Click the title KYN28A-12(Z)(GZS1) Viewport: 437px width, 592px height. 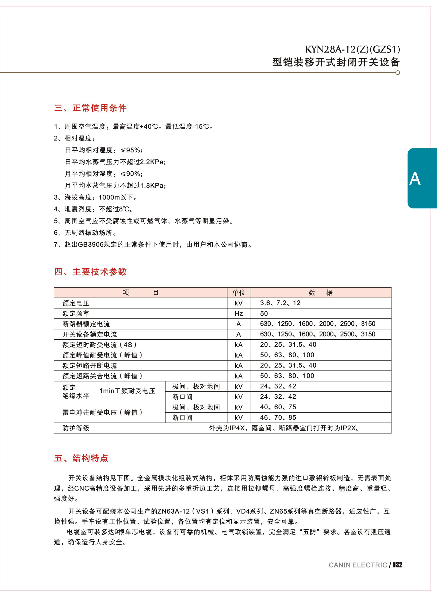click(352, 49)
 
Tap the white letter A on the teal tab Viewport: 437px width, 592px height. click(414, 179)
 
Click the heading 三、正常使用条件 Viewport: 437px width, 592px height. click(91, 108)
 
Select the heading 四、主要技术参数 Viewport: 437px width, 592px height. click(91, 272)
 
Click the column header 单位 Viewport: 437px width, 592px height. click(239, 293)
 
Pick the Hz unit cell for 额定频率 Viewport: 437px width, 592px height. click(239, 313)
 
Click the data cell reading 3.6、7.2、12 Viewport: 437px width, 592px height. click(280, 303)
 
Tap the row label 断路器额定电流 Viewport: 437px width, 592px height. click(86, 324)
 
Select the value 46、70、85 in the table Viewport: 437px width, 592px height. click(278, 418)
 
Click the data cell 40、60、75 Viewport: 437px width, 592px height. click(278, 407)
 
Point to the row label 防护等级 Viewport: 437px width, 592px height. click(76, 428)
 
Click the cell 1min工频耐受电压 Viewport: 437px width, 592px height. click(127, 391)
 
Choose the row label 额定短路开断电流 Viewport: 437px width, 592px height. click(90, 365)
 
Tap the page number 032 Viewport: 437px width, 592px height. click(397, 565)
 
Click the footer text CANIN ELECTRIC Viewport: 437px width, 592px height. click(358, 565)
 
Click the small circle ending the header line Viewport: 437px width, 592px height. click(397, 73)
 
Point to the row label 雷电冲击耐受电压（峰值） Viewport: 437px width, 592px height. click(102, 412)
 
